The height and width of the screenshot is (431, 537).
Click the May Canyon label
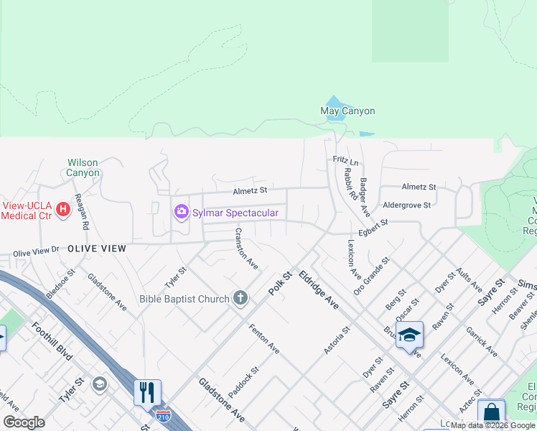347,111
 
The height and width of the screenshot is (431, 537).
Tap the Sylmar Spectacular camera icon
181,212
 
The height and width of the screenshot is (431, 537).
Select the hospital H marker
63,210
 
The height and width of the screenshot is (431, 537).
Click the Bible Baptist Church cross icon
241,298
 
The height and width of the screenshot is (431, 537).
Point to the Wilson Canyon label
83,167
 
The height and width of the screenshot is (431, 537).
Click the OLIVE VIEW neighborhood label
97,249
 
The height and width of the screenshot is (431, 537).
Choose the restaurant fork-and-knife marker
147,392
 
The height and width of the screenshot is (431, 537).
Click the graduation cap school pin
409,335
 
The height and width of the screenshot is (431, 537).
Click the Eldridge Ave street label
319,290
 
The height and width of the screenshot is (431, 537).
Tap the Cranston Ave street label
246,249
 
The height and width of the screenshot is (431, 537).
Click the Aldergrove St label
406,205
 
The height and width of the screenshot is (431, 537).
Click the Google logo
24,422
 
